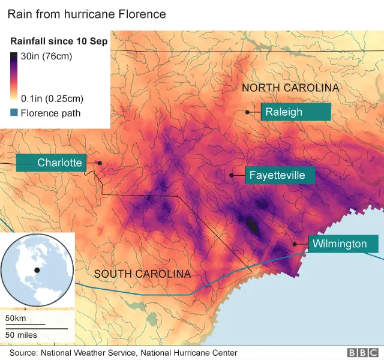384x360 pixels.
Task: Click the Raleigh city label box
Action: (296, 112)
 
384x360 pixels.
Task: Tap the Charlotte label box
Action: (51, 163)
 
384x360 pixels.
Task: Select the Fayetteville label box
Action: (279, 175)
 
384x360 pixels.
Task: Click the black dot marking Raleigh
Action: (247, 112)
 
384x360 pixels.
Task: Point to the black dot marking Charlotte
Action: (100, 163)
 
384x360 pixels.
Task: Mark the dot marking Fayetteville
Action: (232, 175)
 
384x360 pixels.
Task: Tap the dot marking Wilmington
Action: (295, 244)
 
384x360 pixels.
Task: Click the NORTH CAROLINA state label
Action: (290, 88)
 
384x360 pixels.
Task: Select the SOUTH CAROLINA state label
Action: (142, 274)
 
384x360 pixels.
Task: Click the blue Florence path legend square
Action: (14, 112)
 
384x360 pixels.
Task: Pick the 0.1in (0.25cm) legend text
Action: (52, 98)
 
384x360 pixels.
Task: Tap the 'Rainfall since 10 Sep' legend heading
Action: (59, 41)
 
